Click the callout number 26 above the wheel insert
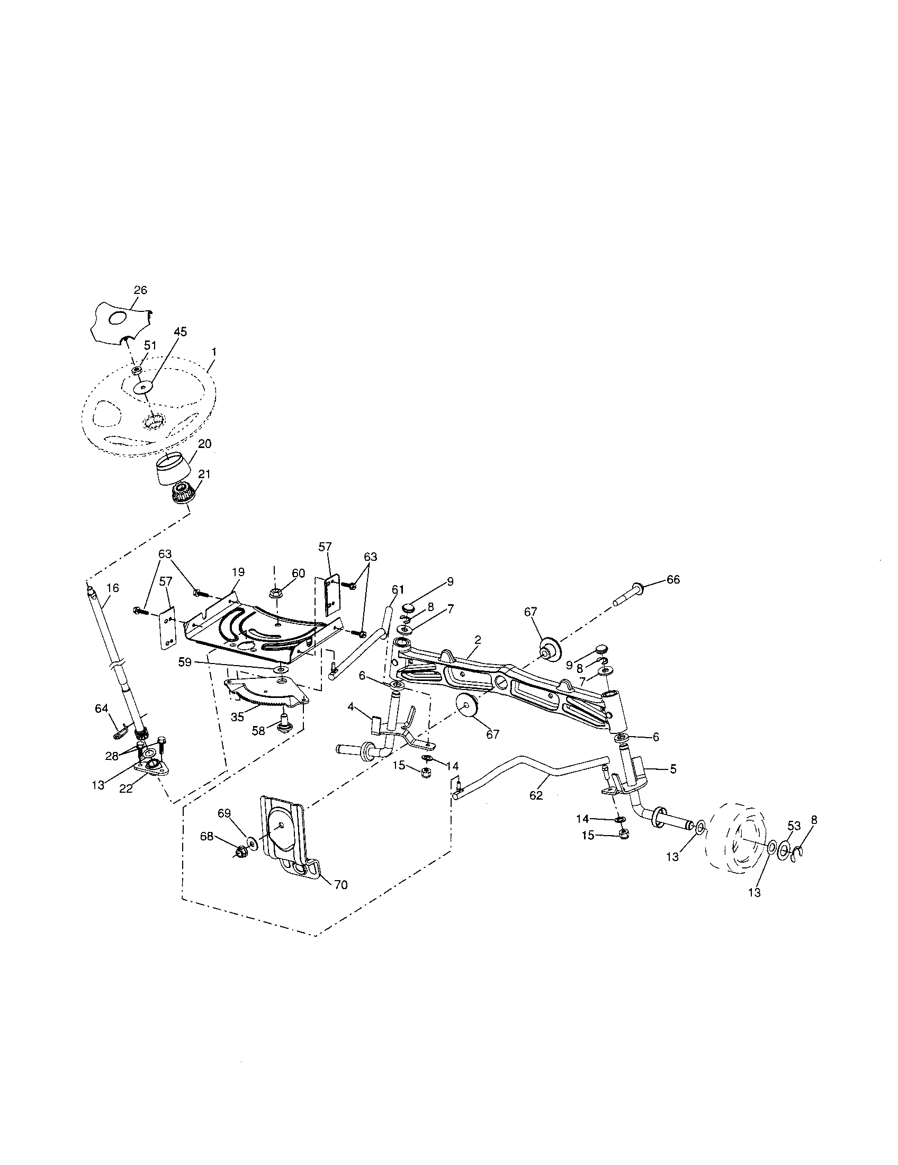point(140,291)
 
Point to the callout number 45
point(180,332)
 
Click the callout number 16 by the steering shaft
point(113,588)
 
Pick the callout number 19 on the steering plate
point(238,572)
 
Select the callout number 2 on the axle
point(478,640)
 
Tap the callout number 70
point(340,885)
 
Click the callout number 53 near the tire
point(794,826)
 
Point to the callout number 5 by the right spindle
point(672,770)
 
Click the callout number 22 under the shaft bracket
point(126,789)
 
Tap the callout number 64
point(101,709)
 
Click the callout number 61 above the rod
point(398,589)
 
